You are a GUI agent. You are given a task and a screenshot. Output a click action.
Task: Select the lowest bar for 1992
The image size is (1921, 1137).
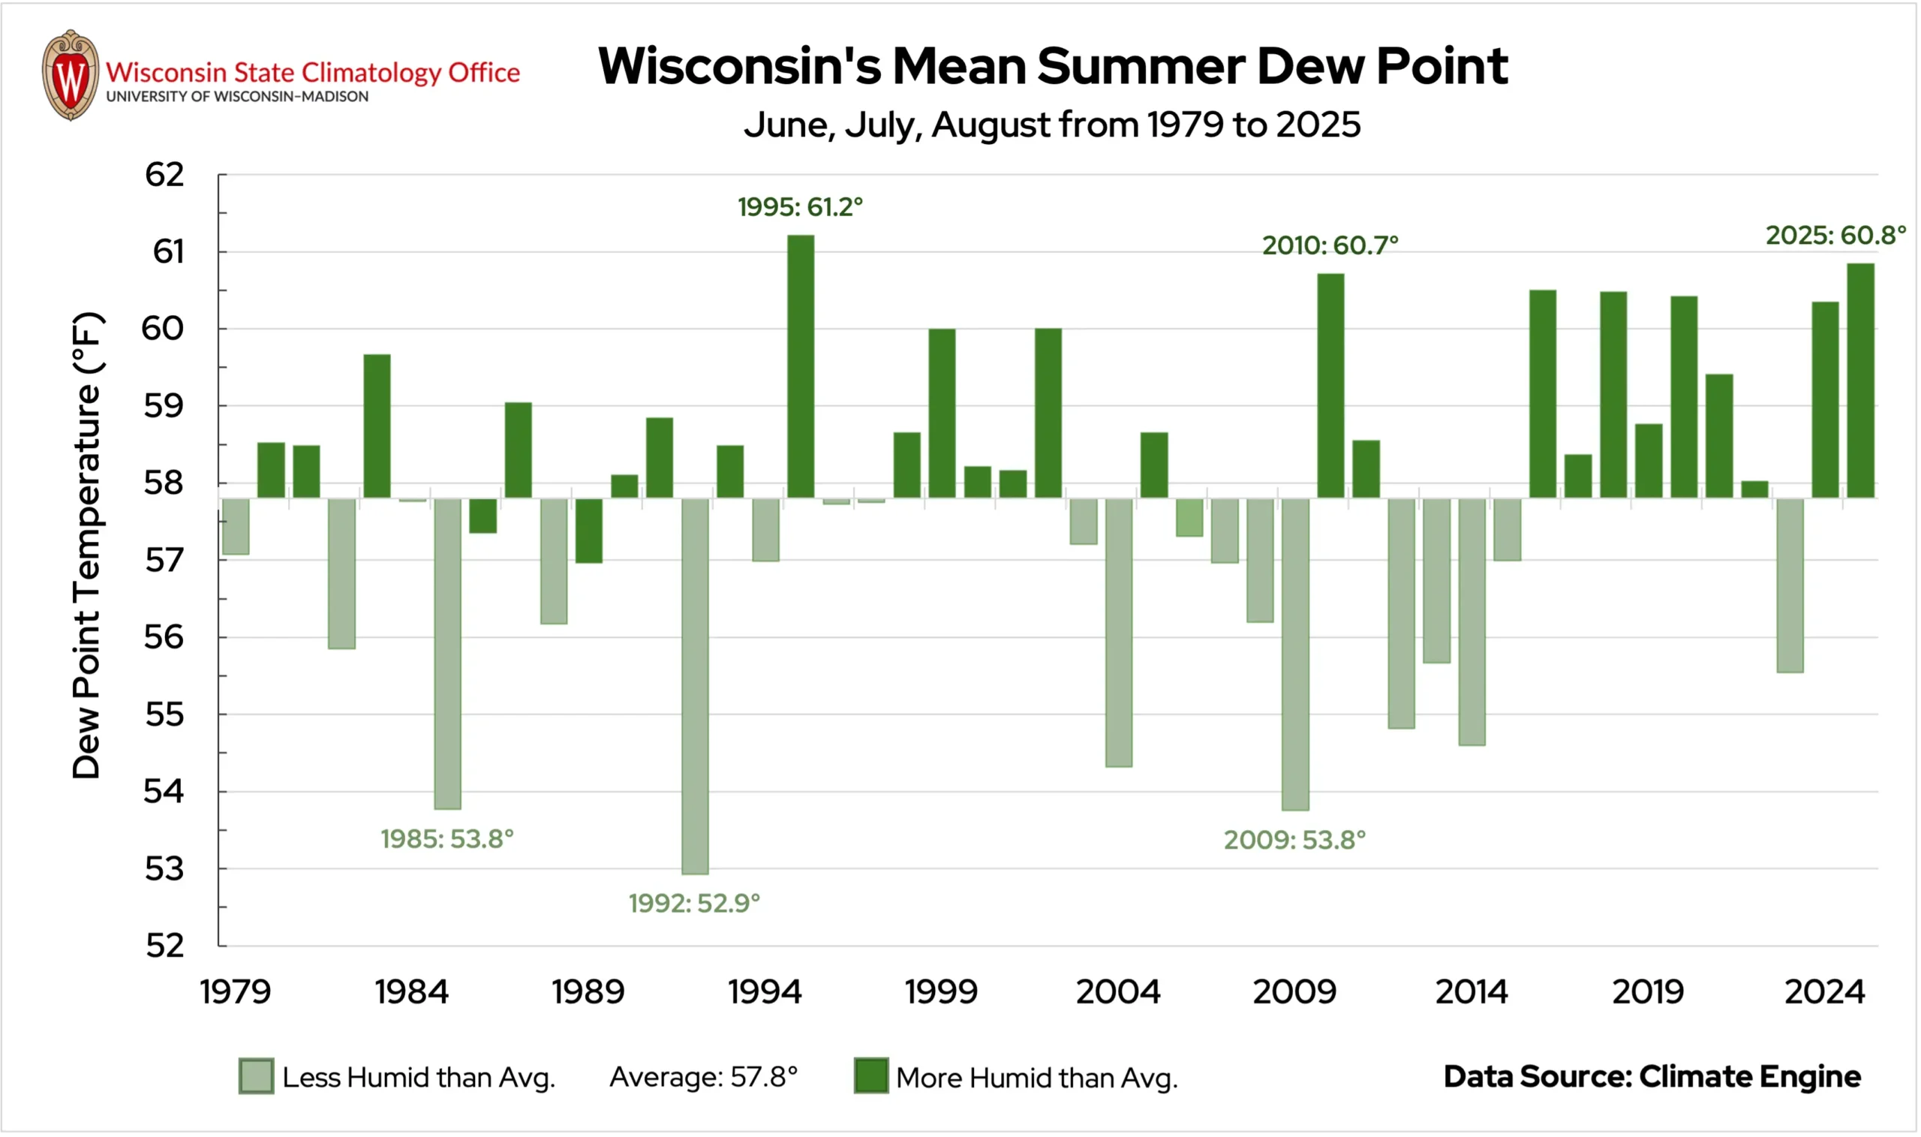(695, 686)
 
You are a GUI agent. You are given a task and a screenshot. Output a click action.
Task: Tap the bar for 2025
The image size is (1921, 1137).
(1860, 381)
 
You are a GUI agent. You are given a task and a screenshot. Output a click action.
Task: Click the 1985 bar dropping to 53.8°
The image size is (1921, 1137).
(447, 654)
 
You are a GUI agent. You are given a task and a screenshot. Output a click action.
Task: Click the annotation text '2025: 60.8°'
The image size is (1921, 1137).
(1835, 235)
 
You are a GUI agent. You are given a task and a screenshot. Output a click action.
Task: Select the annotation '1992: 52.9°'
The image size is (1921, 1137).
(694, 904)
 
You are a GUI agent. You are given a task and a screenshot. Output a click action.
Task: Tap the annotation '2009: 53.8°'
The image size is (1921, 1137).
(1294, 840)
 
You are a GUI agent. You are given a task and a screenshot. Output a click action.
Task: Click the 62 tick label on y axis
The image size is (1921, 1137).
(164, 175)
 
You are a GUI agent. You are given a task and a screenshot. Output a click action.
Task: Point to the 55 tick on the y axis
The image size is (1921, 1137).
(164, 714)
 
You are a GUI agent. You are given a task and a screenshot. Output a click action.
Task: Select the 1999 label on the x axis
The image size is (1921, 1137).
(941, 992)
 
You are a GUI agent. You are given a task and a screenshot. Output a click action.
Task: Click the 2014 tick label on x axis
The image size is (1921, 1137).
(1472, 992)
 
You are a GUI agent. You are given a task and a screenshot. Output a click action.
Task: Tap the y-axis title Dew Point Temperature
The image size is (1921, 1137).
(86, 545)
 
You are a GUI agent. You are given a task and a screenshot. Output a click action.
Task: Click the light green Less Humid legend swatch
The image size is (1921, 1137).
(256, 1075)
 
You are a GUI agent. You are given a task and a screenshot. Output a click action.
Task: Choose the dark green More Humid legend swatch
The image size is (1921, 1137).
(871, 1075)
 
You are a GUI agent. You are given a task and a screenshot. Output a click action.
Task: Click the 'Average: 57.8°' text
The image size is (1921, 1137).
(703, 1077)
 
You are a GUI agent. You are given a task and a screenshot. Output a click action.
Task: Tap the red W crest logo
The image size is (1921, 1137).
(71, 75)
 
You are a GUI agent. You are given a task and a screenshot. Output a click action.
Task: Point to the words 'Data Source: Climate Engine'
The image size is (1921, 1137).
(1652, 1076)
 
